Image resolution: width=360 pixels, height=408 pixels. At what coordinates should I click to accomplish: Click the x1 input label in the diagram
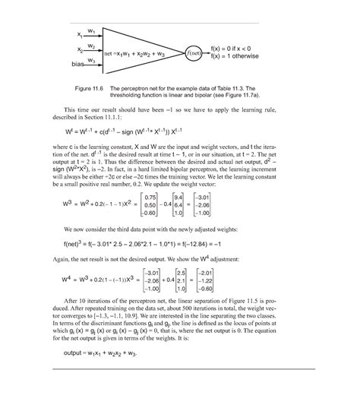click(80, 35)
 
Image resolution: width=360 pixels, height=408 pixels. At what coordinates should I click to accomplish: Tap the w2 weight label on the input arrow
click(91, 46)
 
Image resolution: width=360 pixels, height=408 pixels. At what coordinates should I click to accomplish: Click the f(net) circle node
click(195, 53)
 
